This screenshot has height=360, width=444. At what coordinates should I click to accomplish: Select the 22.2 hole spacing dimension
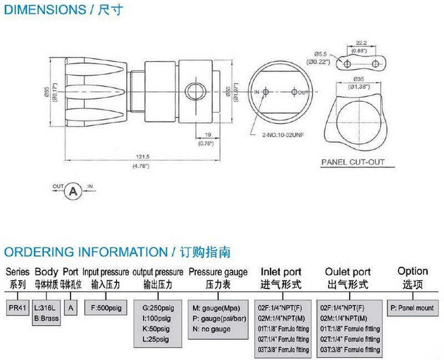[361, 43]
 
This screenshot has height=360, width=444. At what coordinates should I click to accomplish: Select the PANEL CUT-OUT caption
[353, 163]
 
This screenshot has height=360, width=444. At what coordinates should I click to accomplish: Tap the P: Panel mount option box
[412, 307]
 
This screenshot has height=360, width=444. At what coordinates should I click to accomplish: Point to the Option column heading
[412, 271]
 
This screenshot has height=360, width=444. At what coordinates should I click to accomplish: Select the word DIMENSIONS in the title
[42, 9]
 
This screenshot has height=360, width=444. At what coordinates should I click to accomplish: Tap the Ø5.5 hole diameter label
[321, 54]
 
